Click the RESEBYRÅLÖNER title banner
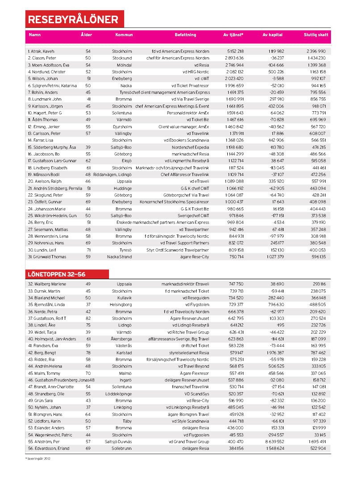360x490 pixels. pyautogui.click(x=73, y=19)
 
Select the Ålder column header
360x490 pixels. pyautogui.click(x=86, y=35)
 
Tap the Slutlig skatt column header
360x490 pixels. pyautogui.click(x=316, y=35)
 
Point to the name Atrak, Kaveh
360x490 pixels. pyautogui.click(x=41, y=51)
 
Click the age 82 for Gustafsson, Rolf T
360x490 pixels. pyautogui.click(x=88, y=318)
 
